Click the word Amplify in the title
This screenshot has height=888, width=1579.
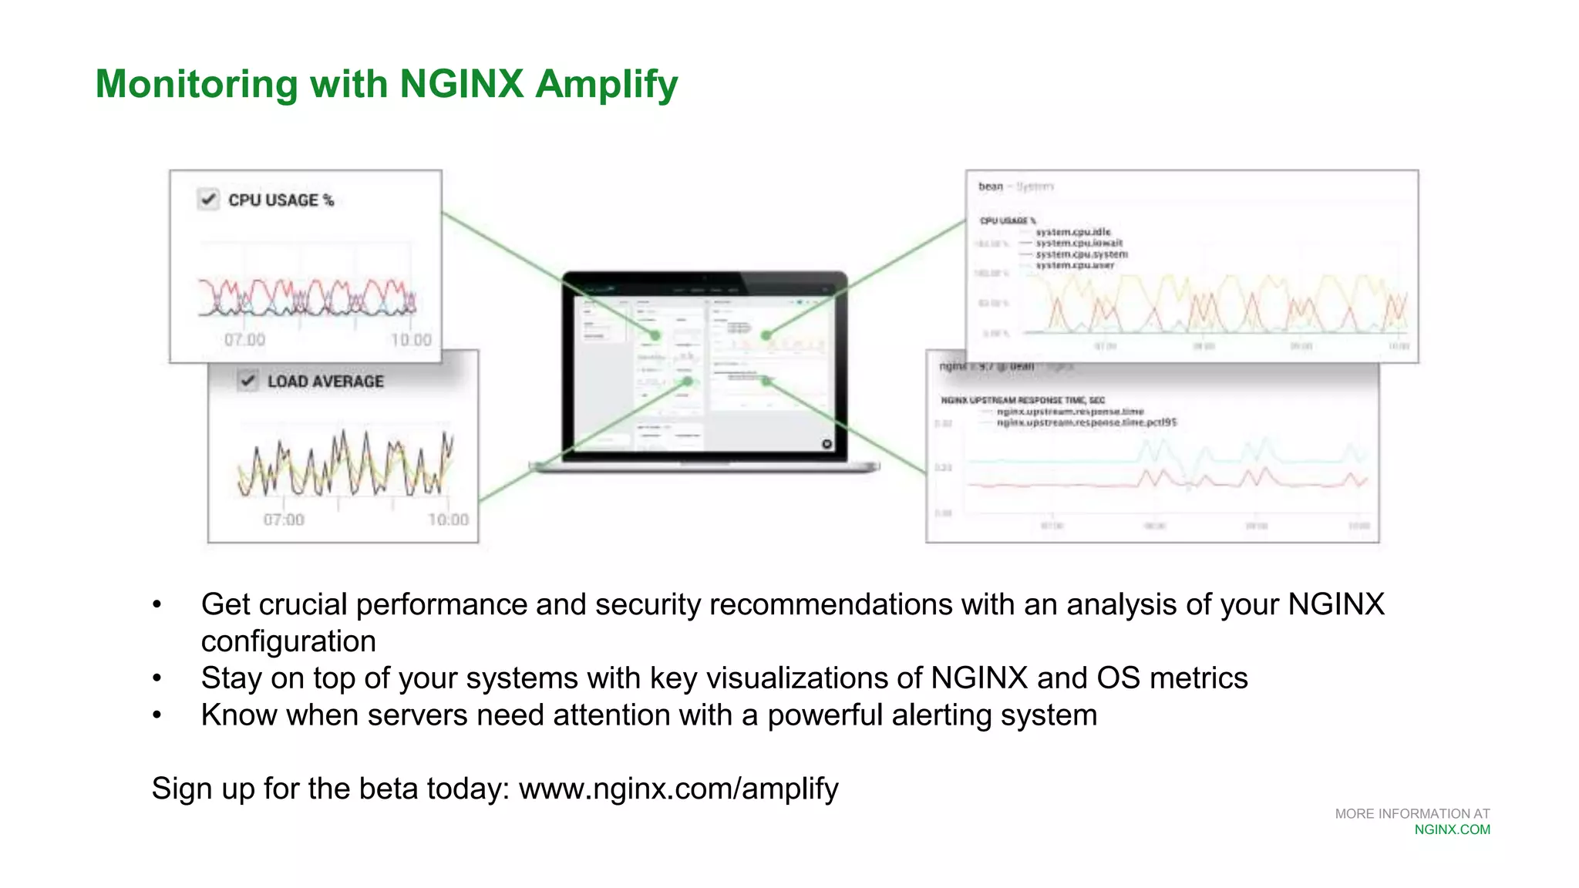[x=606, y=84]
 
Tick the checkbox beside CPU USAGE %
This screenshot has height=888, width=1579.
[x=208, y=200]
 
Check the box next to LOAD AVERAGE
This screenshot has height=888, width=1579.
[x=247, y=381]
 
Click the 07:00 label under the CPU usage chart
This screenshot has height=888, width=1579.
[x=244, y=340]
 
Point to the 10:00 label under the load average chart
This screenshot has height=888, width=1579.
[x=448, y=520]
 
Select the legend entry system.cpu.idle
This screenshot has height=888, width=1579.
[x=1072, y=232]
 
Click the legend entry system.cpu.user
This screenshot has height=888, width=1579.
[x=1075, y=265]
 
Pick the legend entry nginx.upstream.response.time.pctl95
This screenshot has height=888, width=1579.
[x=1086, y=422]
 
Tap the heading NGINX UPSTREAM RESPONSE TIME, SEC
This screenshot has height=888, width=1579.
[x=1022, y=400]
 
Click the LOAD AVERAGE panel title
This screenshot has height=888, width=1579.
[x=325, y=382]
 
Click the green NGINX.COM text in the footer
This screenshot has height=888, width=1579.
[x=1452, y=830]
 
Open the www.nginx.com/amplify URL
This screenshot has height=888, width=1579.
[x=678, y=789]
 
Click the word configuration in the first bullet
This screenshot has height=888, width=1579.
[x=288, y=641]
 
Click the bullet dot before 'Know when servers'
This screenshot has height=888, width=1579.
[x=157, y=715]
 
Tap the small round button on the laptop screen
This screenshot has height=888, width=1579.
[x=827, y=444]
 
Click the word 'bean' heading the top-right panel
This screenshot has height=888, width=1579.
[x=990, y=187]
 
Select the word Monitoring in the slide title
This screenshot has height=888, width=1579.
[x=197, y=84]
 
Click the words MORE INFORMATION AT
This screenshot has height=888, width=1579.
[x=1412, y=814]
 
